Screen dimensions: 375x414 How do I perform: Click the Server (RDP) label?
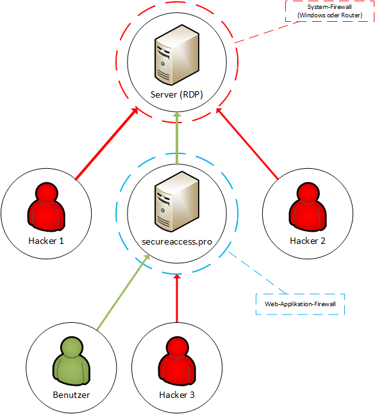point(177,94)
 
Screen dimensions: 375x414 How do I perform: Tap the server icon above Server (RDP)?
point(177,55)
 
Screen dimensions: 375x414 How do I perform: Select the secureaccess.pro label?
point(177,242)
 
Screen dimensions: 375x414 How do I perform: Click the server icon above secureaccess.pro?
point(177,202)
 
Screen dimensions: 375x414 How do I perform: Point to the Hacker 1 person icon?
point(46,207)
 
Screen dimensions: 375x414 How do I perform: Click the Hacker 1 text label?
point(46,241)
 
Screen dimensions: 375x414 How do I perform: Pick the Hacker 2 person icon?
point(308,207)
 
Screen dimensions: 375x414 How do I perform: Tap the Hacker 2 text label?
point(308,241)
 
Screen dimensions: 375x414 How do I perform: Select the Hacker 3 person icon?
point(177,361)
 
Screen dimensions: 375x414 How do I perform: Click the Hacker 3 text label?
point(177,395)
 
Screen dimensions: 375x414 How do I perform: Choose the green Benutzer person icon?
point(71,361)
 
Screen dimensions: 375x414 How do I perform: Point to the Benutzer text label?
point(71,395)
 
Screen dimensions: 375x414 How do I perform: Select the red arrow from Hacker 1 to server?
point(106,143)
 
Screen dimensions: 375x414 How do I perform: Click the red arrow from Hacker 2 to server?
point(247,143)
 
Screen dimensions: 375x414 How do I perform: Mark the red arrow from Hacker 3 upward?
point(177,298)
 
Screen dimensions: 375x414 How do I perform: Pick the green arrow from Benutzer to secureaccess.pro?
point(123,292)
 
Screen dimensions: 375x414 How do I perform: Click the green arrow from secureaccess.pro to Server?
point(177,139)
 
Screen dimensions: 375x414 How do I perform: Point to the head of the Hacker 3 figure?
point(177,348)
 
